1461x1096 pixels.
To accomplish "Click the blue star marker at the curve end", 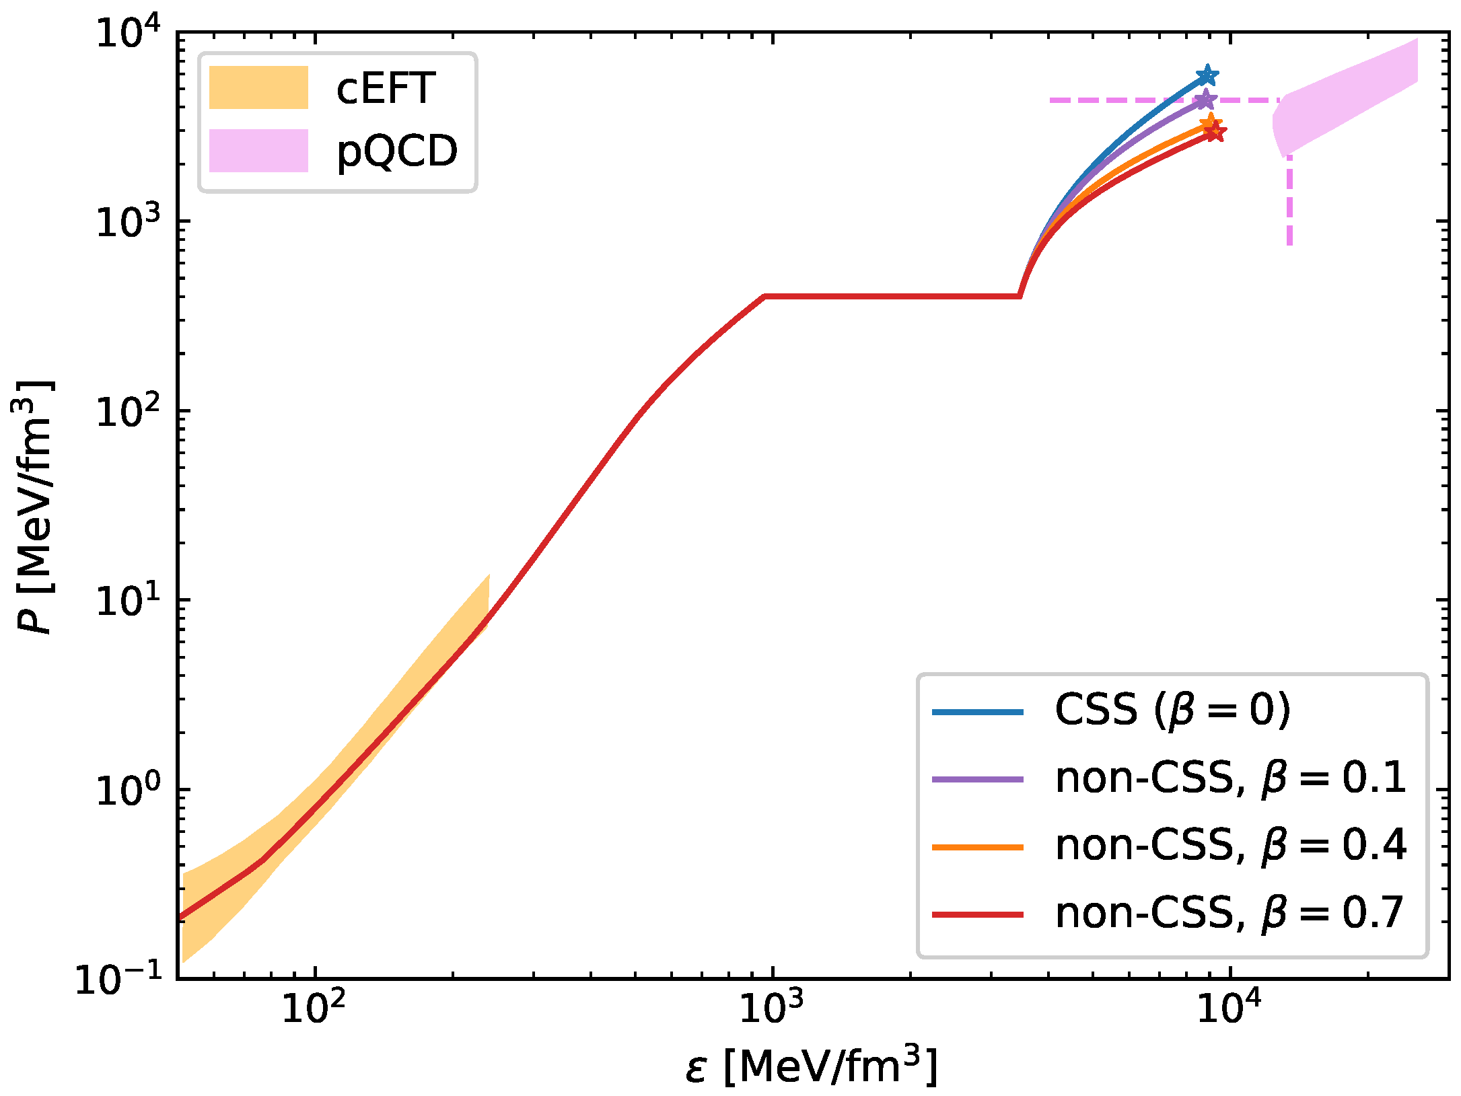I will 1207,75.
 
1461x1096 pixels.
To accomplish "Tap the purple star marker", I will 1205,100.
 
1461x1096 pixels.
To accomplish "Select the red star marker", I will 1215,133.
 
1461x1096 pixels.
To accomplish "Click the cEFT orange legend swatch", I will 258,87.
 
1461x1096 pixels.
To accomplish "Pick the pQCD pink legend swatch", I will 258,151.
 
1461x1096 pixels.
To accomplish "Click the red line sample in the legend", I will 977,914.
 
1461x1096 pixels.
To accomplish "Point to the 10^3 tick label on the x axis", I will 771,1007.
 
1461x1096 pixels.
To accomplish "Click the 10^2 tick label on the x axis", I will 313,1007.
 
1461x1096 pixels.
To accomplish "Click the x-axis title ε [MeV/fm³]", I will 811,1066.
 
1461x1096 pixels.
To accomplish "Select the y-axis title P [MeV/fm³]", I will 34,507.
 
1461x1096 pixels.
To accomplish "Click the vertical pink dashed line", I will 1289,202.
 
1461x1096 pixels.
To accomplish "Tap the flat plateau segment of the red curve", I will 888,296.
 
